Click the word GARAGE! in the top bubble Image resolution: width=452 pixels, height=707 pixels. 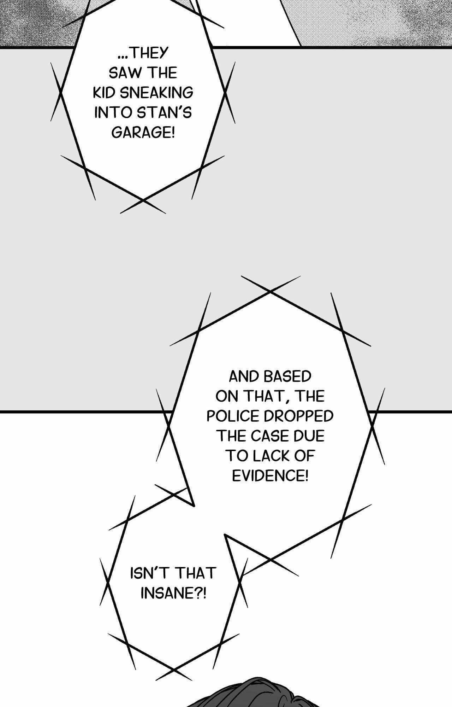143,133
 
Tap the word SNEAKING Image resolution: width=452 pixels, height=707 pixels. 157,93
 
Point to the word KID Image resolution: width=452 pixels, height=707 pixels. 105,93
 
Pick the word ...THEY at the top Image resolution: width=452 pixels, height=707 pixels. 143,53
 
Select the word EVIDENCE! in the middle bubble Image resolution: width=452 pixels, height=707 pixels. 270,476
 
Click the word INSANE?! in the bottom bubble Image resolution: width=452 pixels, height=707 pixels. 173,593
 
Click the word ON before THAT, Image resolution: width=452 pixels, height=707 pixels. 226,397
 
